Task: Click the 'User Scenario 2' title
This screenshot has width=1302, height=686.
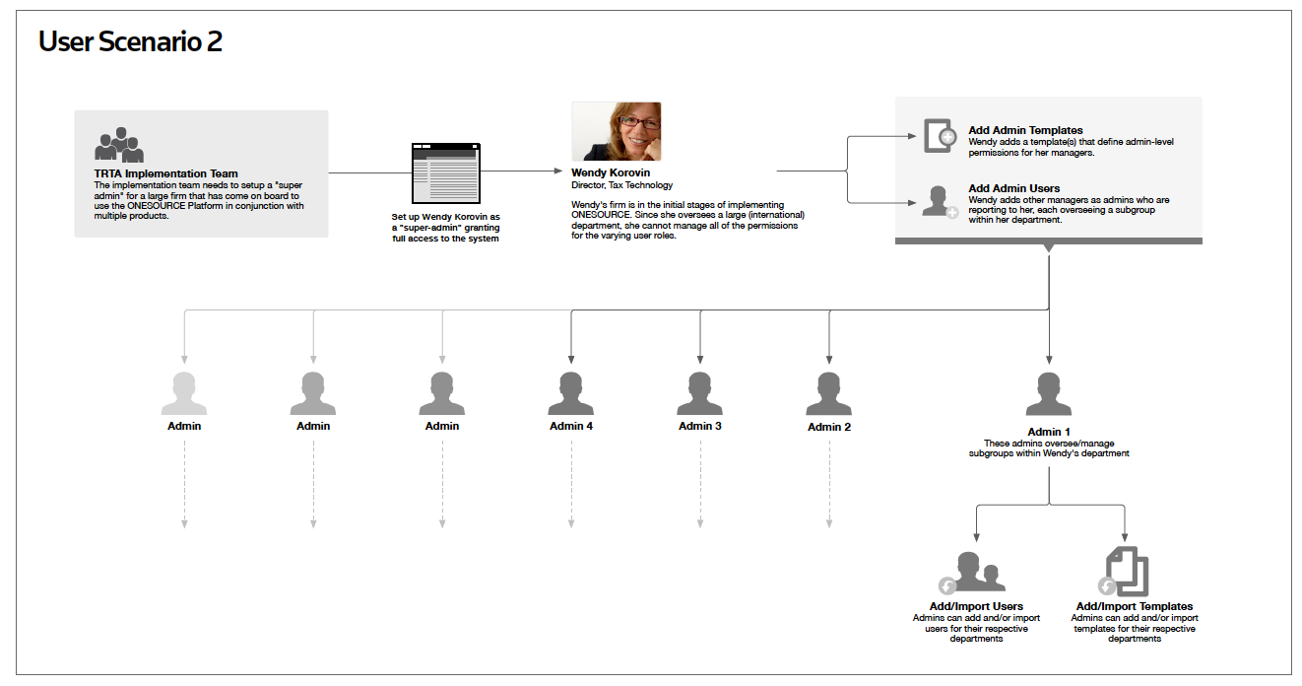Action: pyautogui.click(x=130, y=42)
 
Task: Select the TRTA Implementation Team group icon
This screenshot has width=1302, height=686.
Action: pyautogui.click(x=119, y=145)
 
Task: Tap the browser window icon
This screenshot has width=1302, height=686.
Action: pyautogui.click(x=446, y=173)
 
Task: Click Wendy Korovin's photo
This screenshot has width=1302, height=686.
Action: pyautogui.click(x=617, y=131)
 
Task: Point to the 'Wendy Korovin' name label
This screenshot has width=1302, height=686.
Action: pyautogui.click(x=611, y=172)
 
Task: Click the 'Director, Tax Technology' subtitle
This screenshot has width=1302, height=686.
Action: pyautogui.click(x=621, y=185)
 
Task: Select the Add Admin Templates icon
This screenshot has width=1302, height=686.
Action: pyautogui.click(x=940, y=136)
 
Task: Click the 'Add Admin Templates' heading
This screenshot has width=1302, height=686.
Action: pyautogui.click(x=1025, y=130)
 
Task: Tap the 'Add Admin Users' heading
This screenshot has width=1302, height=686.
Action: pyautogui.click(x=1013, y=188)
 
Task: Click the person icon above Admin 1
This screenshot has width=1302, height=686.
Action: pyautogui.click(x=1049, y=394)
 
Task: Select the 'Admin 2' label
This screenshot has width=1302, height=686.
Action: pyautogui.click(x=829, y=427)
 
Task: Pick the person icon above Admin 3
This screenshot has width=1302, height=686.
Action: pyautogui.click(x=700, y=393)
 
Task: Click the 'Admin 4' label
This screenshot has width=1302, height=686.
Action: pyautogui.click(x=571, y=426)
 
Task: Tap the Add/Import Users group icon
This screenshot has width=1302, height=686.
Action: pyautogui.click(x=972, y=573)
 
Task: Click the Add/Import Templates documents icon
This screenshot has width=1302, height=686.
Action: pyautogui.click(x=1124, y=572)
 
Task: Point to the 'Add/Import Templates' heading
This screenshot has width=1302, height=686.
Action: pyautogui.click(x=1134, y=606)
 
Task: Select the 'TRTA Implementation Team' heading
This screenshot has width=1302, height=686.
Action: pyautogui.click(x=165, y=173)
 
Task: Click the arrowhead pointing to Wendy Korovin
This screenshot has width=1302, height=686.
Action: pyautogui.click(x=558, y=171)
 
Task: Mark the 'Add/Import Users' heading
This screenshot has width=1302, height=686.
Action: pyautogui.click(x=976, y=606)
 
